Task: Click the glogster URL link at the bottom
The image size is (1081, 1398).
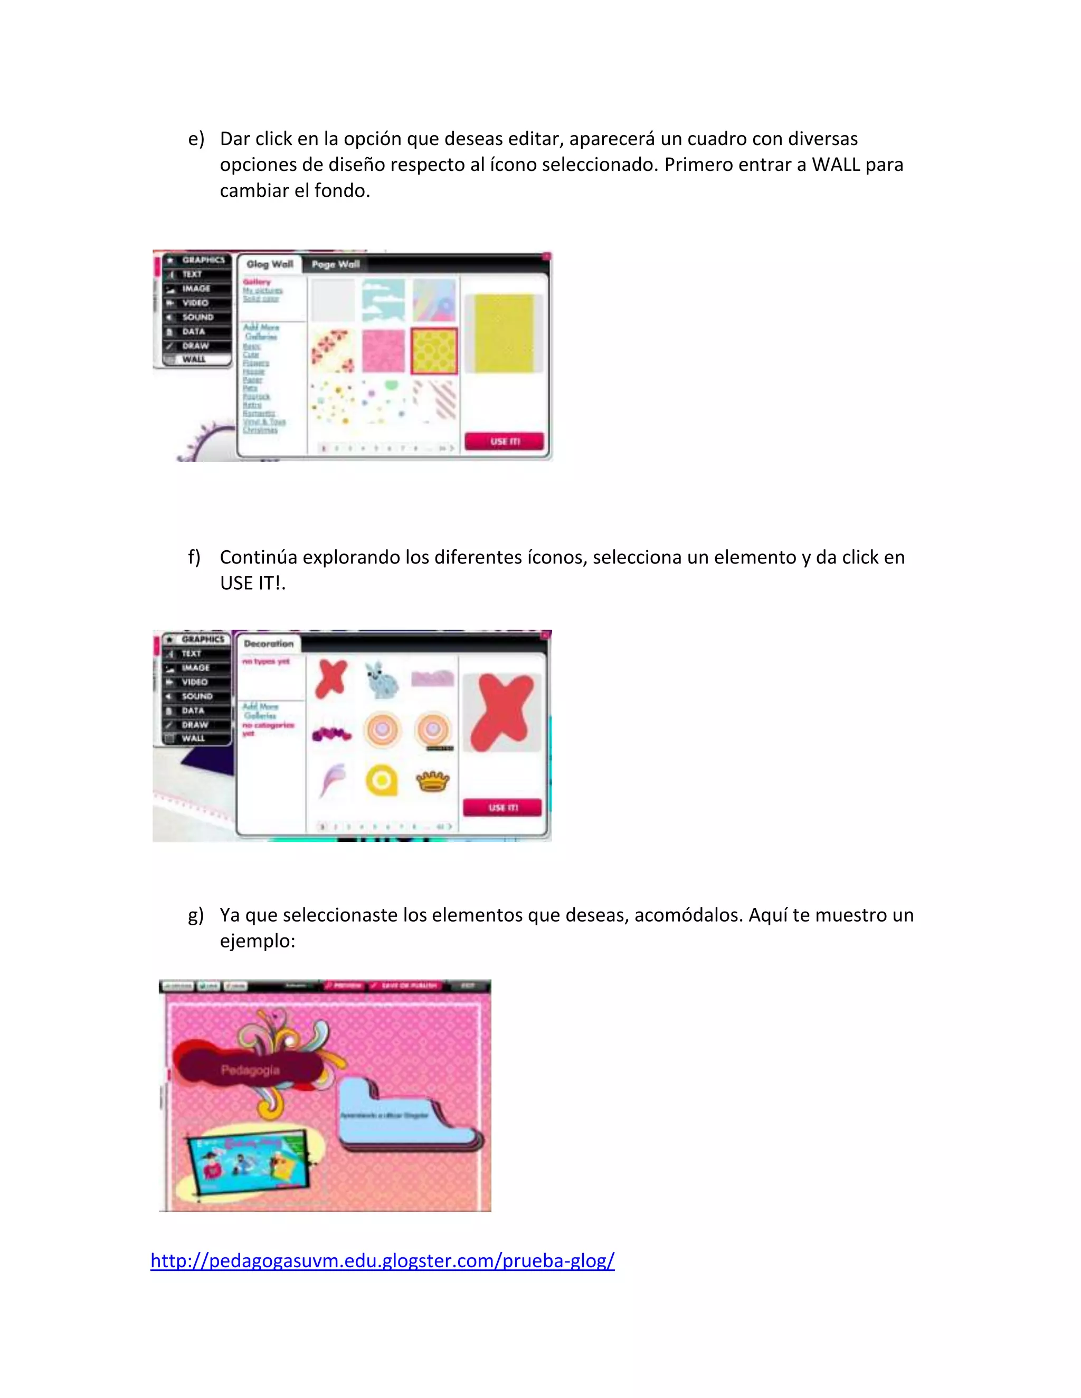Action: tap(382, 1260)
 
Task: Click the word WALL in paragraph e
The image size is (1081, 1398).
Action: tap(837, 165)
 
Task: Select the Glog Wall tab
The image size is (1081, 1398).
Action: tap(270, 264)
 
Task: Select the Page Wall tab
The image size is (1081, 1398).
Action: tap(336, 264)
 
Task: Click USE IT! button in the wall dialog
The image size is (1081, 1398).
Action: tap(505, 441)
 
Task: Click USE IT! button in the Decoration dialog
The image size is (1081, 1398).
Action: tap(502, 808)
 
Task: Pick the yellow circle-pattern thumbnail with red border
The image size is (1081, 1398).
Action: tap(433, 351)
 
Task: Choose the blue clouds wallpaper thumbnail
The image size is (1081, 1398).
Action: tap(383, 300)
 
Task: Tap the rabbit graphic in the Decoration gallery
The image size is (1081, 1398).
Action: tap(382, 680)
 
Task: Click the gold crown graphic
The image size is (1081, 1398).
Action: tap(433, 781)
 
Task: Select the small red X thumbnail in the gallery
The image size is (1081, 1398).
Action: tap(331, 678)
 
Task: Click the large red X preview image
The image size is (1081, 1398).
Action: tap(502, 712)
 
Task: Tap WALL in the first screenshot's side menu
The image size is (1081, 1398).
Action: tap(194, 360)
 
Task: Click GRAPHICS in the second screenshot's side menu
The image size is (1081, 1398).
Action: tap(202, 639)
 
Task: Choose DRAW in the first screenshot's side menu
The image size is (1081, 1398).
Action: tap(195, 346)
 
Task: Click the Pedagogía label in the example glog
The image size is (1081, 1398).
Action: tap(250, 1070)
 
